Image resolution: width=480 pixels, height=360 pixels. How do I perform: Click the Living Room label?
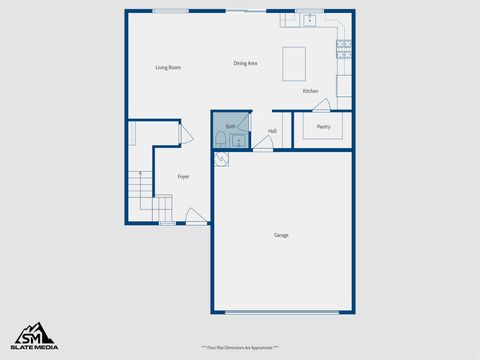(167, 68)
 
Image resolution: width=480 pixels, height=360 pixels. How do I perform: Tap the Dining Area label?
(245, 63)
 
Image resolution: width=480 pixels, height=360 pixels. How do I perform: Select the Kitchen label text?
(310, 92)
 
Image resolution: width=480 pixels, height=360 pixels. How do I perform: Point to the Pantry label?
(323, 127)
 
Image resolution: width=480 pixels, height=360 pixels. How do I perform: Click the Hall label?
(272, 131)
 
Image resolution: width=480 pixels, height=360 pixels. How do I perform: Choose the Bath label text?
(230, 127)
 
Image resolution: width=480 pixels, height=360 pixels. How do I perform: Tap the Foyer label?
(183, 176)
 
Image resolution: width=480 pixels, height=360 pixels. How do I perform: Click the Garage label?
(281, 235)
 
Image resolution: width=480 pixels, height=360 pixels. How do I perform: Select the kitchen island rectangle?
(294, 62)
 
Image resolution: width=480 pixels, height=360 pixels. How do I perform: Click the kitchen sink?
(309, 19)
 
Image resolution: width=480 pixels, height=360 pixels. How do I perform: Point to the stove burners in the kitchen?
(344, 44)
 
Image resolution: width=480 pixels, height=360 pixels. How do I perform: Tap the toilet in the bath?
(220, 139)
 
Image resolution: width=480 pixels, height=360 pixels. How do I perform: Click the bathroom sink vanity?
(238, 140)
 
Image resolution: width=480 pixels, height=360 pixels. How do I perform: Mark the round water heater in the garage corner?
(220, 158)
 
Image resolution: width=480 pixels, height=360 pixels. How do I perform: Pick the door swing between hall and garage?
(262, 146)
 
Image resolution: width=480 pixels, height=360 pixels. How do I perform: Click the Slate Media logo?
(34, 337)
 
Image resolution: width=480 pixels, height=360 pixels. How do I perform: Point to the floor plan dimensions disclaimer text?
(240, 347)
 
